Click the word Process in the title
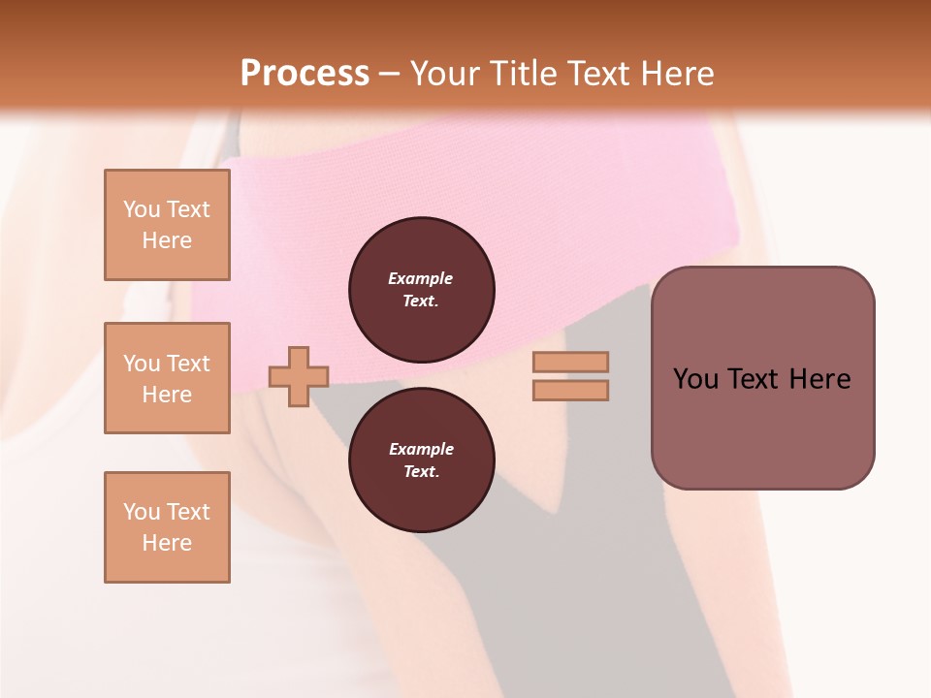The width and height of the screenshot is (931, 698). click(305, 74)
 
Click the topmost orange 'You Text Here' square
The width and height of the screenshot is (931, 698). click(167, 225)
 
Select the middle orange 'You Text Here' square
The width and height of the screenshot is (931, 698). click(167, 378)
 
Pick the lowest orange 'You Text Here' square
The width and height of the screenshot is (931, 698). click(167, 527)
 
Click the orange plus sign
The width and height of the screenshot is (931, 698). click(299, 376)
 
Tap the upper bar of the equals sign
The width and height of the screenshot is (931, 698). click(570, 362)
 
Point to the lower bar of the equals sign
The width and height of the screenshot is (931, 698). click(570, 391)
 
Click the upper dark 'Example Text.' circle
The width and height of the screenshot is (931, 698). click(422, 290)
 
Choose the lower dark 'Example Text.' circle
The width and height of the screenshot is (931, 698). click(422, 460)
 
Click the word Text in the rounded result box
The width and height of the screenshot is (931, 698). click(757, 379)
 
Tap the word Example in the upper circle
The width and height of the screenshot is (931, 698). click(421, 278)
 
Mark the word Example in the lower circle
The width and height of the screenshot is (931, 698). click(421, 449)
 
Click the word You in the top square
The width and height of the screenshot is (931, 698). click(142, 209)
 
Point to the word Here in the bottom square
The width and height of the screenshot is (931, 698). click(167, 543)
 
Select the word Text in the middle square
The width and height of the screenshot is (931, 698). click(187, 364)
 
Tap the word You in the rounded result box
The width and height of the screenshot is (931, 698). click(695, 379)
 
